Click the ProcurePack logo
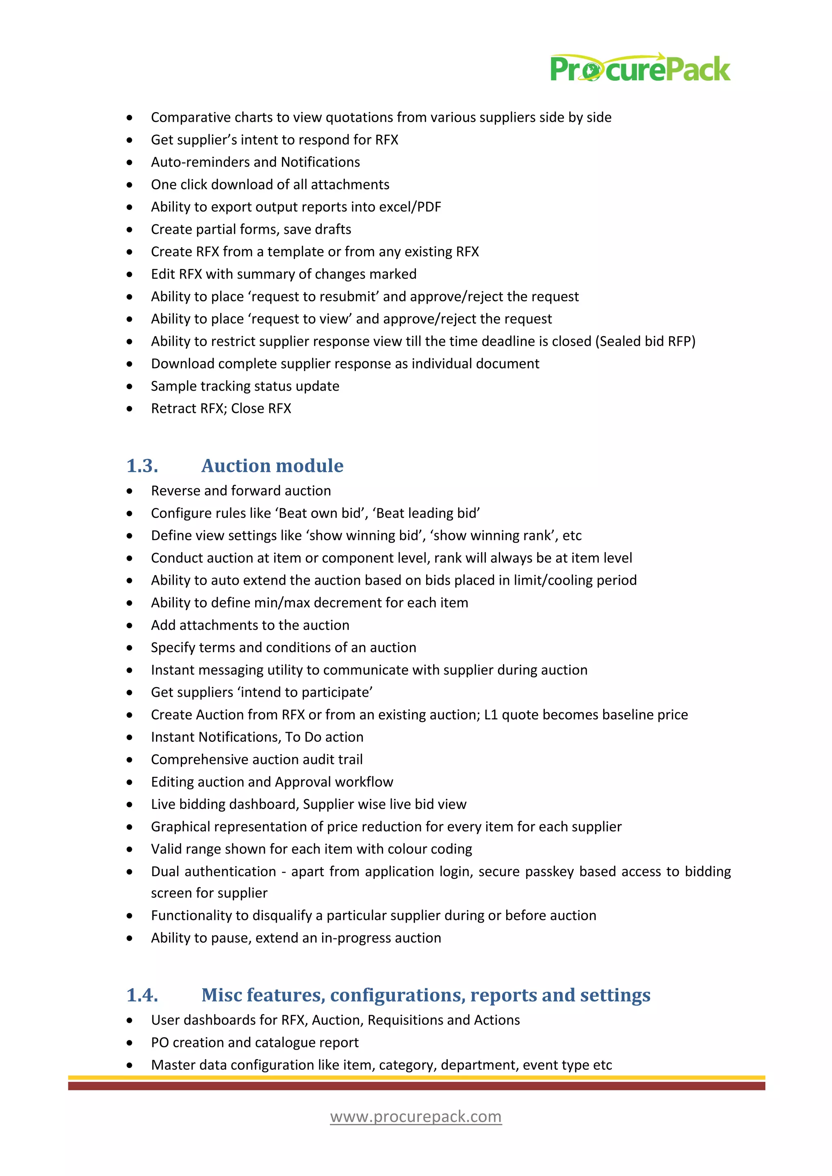pos(639,69)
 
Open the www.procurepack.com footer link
pos(416,1117)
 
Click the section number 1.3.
pos(142,466)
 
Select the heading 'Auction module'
pos(272,466)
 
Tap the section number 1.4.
pos(142,994)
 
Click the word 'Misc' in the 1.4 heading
pos(221,994)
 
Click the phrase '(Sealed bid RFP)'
pos(645,341)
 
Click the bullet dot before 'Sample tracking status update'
pos(130,386)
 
